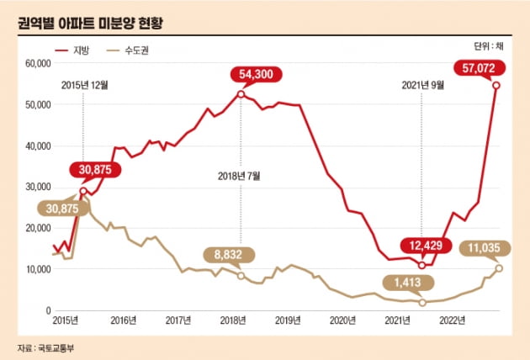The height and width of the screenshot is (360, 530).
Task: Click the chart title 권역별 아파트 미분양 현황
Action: (89, 19)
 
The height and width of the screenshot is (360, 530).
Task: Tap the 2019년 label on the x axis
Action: (289, 320)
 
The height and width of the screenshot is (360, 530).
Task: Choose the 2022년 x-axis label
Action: (453, 320)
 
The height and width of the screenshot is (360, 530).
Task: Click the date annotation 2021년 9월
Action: (422, 84)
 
